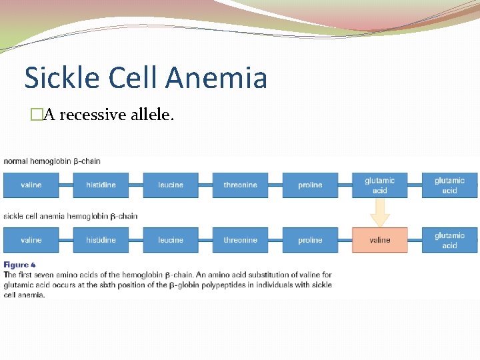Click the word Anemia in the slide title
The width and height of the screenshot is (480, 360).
(x=217, y=78)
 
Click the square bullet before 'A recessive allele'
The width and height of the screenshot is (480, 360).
(x=36, y=115)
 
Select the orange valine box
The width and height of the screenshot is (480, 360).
(x=379, y=240)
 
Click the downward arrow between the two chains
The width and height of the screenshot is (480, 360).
(x=379, y=213)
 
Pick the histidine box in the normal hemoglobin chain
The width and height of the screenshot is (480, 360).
(x=101, y=185)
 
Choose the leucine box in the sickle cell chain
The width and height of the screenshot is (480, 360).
(x=171, y=240)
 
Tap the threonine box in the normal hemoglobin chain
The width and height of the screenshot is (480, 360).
(x=240, y=185)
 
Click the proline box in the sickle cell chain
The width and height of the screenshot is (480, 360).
(x=310, y=240)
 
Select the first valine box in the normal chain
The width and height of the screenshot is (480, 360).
(x=31, y=185)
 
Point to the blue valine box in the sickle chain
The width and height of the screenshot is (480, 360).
(x=31, y=240)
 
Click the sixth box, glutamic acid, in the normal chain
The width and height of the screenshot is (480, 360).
(x=379, y=185)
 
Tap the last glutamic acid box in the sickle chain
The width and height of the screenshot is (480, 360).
(x=449, y=240)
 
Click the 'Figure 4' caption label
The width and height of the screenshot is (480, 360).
(x=20, y=265)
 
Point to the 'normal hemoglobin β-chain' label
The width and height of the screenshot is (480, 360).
(x=52, y=161)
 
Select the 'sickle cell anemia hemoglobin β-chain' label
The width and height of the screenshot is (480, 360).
(x=71, y=216)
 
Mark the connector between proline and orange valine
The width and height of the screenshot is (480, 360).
(x=345, y=240)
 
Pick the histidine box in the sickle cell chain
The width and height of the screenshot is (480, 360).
(x=101, y=240)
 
